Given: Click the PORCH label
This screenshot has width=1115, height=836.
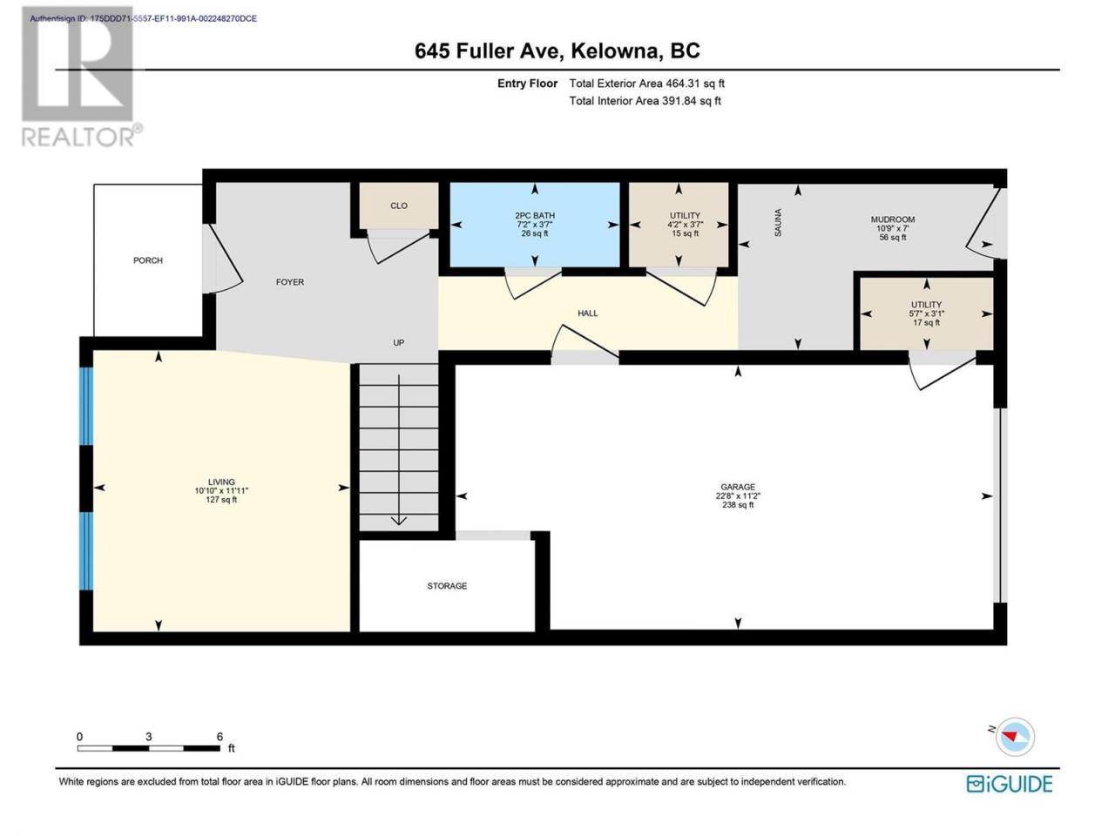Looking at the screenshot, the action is coord(148,260).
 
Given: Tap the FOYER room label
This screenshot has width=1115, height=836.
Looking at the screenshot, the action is coord(290,281).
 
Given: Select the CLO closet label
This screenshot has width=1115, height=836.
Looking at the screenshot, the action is coord(399,206).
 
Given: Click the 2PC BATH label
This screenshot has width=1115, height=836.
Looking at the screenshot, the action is coord(535,215).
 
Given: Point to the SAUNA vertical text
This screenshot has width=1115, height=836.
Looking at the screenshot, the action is coord(778,222).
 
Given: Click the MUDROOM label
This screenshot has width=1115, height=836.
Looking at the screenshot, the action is coord(893,219).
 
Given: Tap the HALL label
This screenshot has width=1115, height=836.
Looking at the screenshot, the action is coord(588,313).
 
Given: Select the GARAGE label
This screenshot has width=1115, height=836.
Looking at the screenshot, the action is coord(738,487).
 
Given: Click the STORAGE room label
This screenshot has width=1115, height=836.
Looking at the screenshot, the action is coord(447,586).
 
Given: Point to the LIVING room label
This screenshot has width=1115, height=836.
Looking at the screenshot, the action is coord(221,482).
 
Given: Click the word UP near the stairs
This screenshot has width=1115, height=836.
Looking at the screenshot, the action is coord(399,342).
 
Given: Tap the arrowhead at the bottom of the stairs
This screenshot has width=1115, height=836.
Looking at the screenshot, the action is coord(399,521).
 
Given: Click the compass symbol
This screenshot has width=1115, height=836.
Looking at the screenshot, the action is coord(1015,737).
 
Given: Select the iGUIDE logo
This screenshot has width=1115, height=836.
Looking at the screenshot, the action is coord(1009,784).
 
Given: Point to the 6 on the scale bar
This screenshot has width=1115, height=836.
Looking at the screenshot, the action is coord(220,737).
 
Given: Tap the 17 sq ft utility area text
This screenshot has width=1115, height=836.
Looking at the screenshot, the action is coord(926,322).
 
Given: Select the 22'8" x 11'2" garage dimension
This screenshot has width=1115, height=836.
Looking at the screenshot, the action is coord(738,496).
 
